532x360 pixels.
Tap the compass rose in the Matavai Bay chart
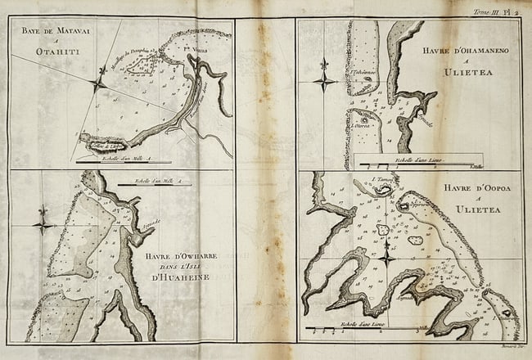(98, 83)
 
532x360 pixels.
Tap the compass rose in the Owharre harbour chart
(43, 222)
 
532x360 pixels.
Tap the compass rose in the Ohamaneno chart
(325, 79)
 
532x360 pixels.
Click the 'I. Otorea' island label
(363, 128)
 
